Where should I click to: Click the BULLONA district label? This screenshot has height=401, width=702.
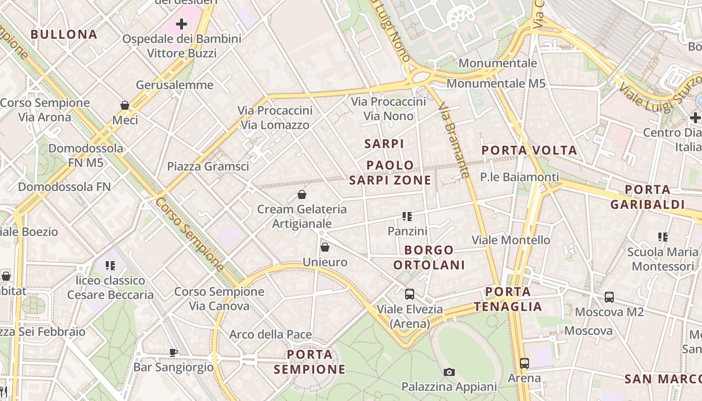[64, 35]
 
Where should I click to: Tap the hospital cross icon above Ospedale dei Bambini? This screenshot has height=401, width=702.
[181, 24]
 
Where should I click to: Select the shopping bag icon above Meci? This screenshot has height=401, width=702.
[125, 105]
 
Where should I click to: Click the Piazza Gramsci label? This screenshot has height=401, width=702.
[208, 166]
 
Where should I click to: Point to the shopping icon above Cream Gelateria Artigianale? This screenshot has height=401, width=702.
[302, 194]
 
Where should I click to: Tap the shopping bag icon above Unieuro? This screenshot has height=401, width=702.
[325, 247]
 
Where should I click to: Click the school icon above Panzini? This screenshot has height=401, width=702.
[407, 217]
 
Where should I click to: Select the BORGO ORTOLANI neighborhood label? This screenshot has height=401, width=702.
[429, 257]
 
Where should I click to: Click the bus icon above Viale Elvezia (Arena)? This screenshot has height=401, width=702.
[410, 294]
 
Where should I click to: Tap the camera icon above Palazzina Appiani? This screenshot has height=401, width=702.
[449, 372]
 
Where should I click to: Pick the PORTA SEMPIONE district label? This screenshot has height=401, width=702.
[310, 362]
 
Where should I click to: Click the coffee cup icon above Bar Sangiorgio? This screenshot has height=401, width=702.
[173, 352]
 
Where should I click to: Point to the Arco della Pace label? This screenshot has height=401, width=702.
[270, 334]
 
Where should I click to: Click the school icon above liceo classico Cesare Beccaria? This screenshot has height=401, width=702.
[110, 266]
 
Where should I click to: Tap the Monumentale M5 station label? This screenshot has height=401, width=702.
[495, 83]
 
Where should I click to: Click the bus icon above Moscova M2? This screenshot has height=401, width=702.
[609, 297]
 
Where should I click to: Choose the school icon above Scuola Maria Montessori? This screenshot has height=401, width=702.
[663, 237]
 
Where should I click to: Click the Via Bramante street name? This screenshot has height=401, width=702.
[454, 140]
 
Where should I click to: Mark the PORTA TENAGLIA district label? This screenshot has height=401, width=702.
[508, 299]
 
